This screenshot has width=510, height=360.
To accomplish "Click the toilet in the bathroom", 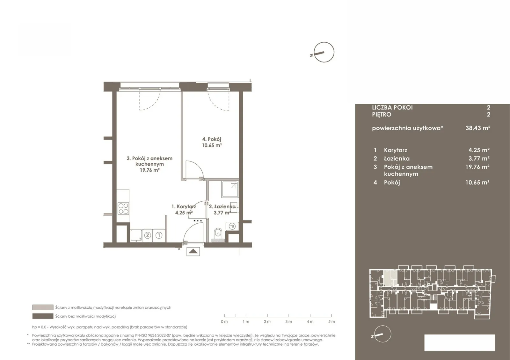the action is pyautogui.click(x=218, y=233).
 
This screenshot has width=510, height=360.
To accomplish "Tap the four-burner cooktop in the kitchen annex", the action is pyautogui.click(x=123, y=208).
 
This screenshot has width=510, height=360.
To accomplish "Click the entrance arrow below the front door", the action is pyautogui.click(x=193, y=251).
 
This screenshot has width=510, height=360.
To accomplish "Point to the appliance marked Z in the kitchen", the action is pyautogui.click(x=148, y=235).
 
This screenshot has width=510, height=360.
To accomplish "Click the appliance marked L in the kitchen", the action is pyautogui.click(x=159, y=235).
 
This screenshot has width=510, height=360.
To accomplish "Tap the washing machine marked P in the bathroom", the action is pyautogui.click(x=232, y=226).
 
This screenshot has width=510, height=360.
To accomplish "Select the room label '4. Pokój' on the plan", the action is pyautogui.click(x=212, y=139).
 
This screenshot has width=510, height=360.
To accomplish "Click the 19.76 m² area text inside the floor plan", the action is pyautogui.click(x=149, y=170).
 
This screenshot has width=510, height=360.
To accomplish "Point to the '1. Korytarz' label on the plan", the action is pyautogui.click(x=184, y=206).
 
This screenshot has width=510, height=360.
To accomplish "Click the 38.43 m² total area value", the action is pyautogui.click(x=478, y=128).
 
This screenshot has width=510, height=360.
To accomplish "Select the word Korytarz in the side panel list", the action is pyautogui.click(x=396, y=150).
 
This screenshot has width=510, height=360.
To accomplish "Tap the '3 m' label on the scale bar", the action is pyautogui.click(x=289, y=321).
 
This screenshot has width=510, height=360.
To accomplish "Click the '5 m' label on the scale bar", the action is pyautogui.click(x=331, y=321).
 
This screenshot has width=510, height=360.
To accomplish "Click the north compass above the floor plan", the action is pyautogui.click(x=324, y=52).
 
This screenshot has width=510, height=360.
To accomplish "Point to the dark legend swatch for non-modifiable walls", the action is pyautogui.click(x=43, y=316).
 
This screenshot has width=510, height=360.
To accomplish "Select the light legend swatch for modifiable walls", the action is pyautogui.click(x=43, y=307).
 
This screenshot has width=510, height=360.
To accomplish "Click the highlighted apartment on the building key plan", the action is pyautogui.click(x=390, y=278).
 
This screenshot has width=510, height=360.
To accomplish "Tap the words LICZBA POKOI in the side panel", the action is pyautogui.click(x=392, y=107).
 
